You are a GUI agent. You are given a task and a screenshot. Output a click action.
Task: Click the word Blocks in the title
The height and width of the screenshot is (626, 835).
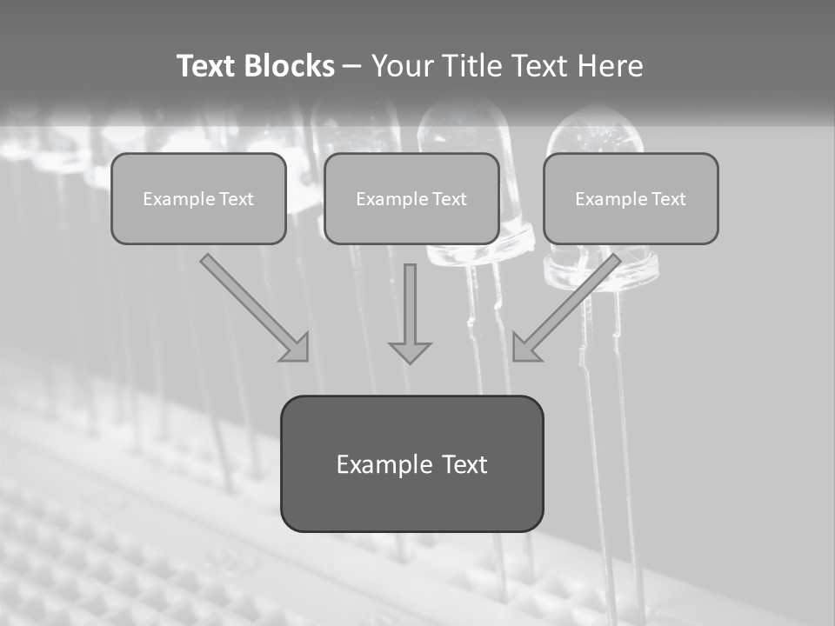point(289,66)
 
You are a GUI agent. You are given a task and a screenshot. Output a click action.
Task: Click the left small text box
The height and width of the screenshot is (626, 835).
point(198,198)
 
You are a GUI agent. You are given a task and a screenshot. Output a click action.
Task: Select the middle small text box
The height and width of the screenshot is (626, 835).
point(411,198)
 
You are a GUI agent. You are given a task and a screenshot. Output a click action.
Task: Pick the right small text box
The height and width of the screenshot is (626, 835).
point(631,198)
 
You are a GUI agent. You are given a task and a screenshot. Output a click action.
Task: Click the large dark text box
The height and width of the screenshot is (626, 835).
point(411,463)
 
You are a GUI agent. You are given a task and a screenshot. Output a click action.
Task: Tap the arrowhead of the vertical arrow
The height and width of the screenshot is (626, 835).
point(410,351)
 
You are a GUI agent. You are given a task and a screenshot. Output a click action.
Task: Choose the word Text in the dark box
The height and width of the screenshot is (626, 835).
point(464,464)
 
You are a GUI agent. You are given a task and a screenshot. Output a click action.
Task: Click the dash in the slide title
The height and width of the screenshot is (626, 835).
point(351,66)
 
